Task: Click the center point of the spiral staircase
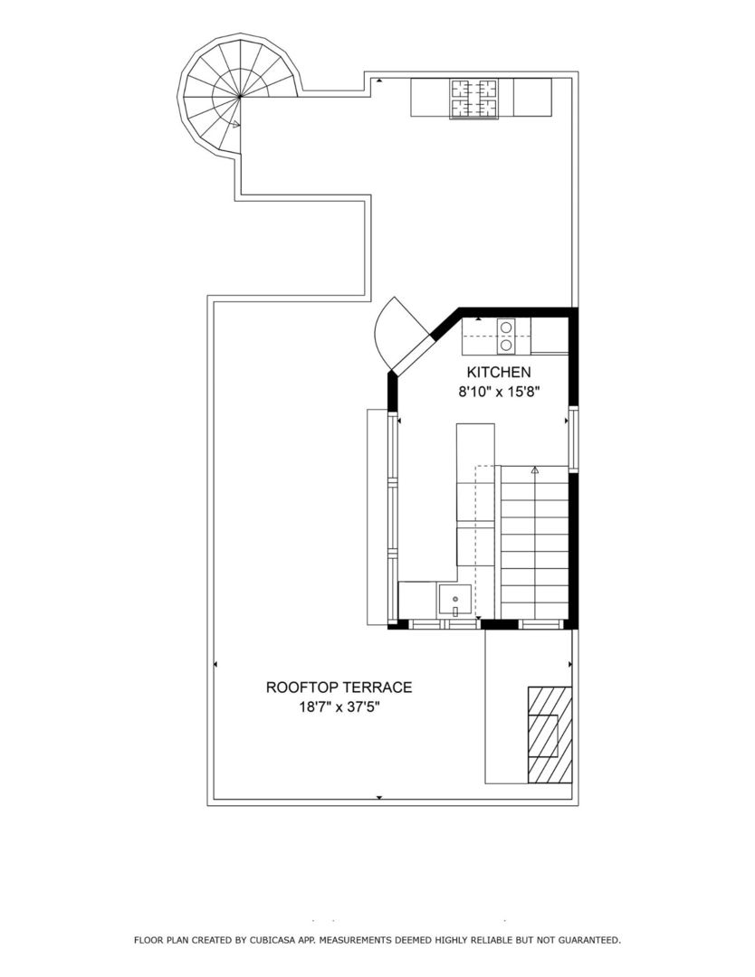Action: tap(240, 95)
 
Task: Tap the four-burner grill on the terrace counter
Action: tap(475, 99)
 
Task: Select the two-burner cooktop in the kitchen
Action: tap(506, 336)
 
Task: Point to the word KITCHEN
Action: tap(498, 372)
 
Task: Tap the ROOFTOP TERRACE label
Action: tap(339, 688)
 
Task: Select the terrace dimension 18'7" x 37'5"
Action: tap(339, 707)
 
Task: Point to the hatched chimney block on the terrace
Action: tap(550, 735)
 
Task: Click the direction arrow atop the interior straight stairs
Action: tap(535, 470)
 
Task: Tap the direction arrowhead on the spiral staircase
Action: tap(235, 124)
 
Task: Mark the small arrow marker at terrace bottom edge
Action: tap(378, 798)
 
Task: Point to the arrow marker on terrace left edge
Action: tap(215, 665)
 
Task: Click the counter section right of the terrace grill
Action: tap(532, 98)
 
